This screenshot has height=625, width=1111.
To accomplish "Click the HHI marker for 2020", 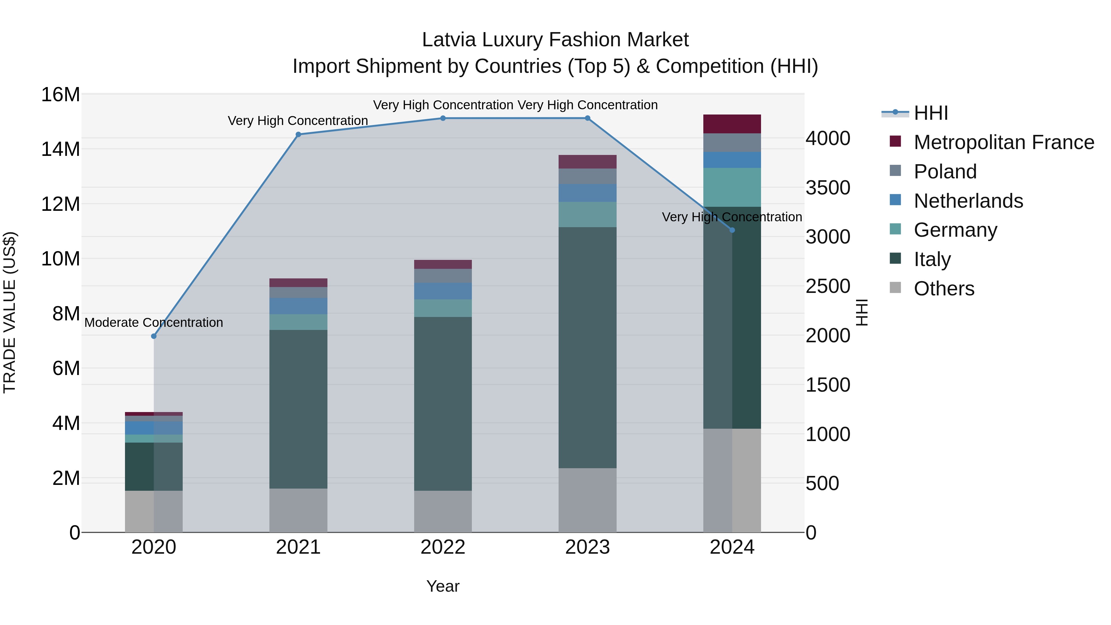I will (x=154, y=336).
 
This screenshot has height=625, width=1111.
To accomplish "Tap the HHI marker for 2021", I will (x=298, y=135).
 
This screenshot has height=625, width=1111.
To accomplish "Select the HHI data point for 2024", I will (x=732, y=230).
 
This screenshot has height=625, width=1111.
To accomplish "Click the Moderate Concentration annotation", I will (x=154, y=323).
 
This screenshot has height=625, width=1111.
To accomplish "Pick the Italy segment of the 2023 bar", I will (x=587, y=347).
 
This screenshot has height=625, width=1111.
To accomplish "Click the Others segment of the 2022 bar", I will (x=443, y=511).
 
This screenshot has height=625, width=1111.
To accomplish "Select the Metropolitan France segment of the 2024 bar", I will (x=732, y=124).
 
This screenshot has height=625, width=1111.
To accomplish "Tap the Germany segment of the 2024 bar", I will (x=732, y=187).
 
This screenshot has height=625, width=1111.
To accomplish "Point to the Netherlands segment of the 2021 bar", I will (x=298, y=306).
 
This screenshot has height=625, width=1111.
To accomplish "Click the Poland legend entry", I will (x=945, y=172).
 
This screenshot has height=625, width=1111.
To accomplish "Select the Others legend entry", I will (x=944, y=289).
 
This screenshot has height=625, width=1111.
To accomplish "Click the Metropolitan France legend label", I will (x=1004, y=142).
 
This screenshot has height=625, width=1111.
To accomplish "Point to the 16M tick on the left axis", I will (x=60, y=94).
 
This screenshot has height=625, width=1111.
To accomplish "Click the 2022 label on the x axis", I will (x=443, y=547).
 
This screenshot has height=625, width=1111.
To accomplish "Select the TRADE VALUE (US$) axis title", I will (x=10, y=312).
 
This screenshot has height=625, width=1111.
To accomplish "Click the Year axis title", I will (x=443, y=586).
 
